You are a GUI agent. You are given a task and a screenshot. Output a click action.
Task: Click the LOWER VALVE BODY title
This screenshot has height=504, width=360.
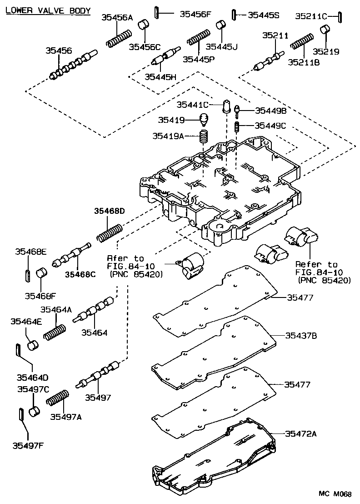coord(48,10)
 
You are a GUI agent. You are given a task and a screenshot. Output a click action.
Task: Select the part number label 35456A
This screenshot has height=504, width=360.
coord(117,18)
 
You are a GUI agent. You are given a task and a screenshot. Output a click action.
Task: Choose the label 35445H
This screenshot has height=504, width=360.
coord(160,77)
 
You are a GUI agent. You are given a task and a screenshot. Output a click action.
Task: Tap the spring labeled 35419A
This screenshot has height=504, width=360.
coord(204,136)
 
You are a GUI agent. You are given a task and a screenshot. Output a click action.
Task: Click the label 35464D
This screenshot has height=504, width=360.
coord(32,377)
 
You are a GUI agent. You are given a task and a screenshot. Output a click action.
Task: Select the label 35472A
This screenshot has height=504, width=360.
coord(301,433)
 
